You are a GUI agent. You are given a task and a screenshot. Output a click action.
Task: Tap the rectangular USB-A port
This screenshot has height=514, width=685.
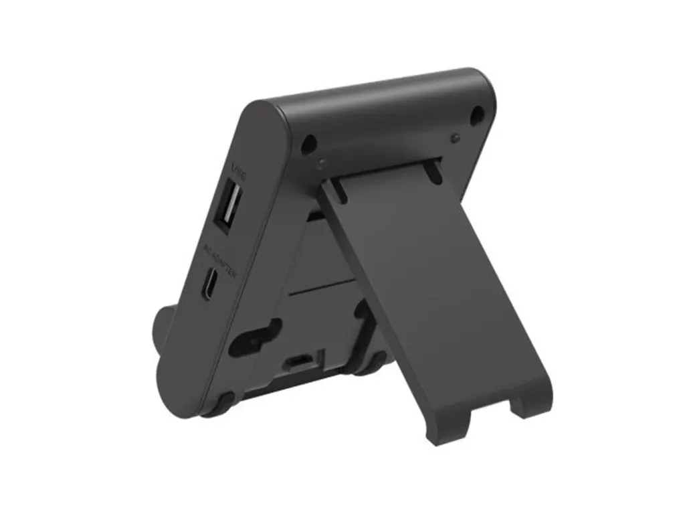227,207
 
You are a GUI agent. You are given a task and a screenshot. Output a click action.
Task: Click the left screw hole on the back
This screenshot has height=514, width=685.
308,143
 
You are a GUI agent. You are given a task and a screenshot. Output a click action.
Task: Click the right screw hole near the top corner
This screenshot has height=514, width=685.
476,115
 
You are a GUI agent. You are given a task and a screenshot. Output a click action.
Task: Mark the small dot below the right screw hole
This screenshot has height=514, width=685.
455,138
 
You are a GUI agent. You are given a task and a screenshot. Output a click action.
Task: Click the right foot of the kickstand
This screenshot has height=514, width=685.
532,402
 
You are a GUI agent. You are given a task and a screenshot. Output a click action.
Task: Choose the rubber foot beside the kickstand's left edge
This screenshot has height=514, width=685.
367,365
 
